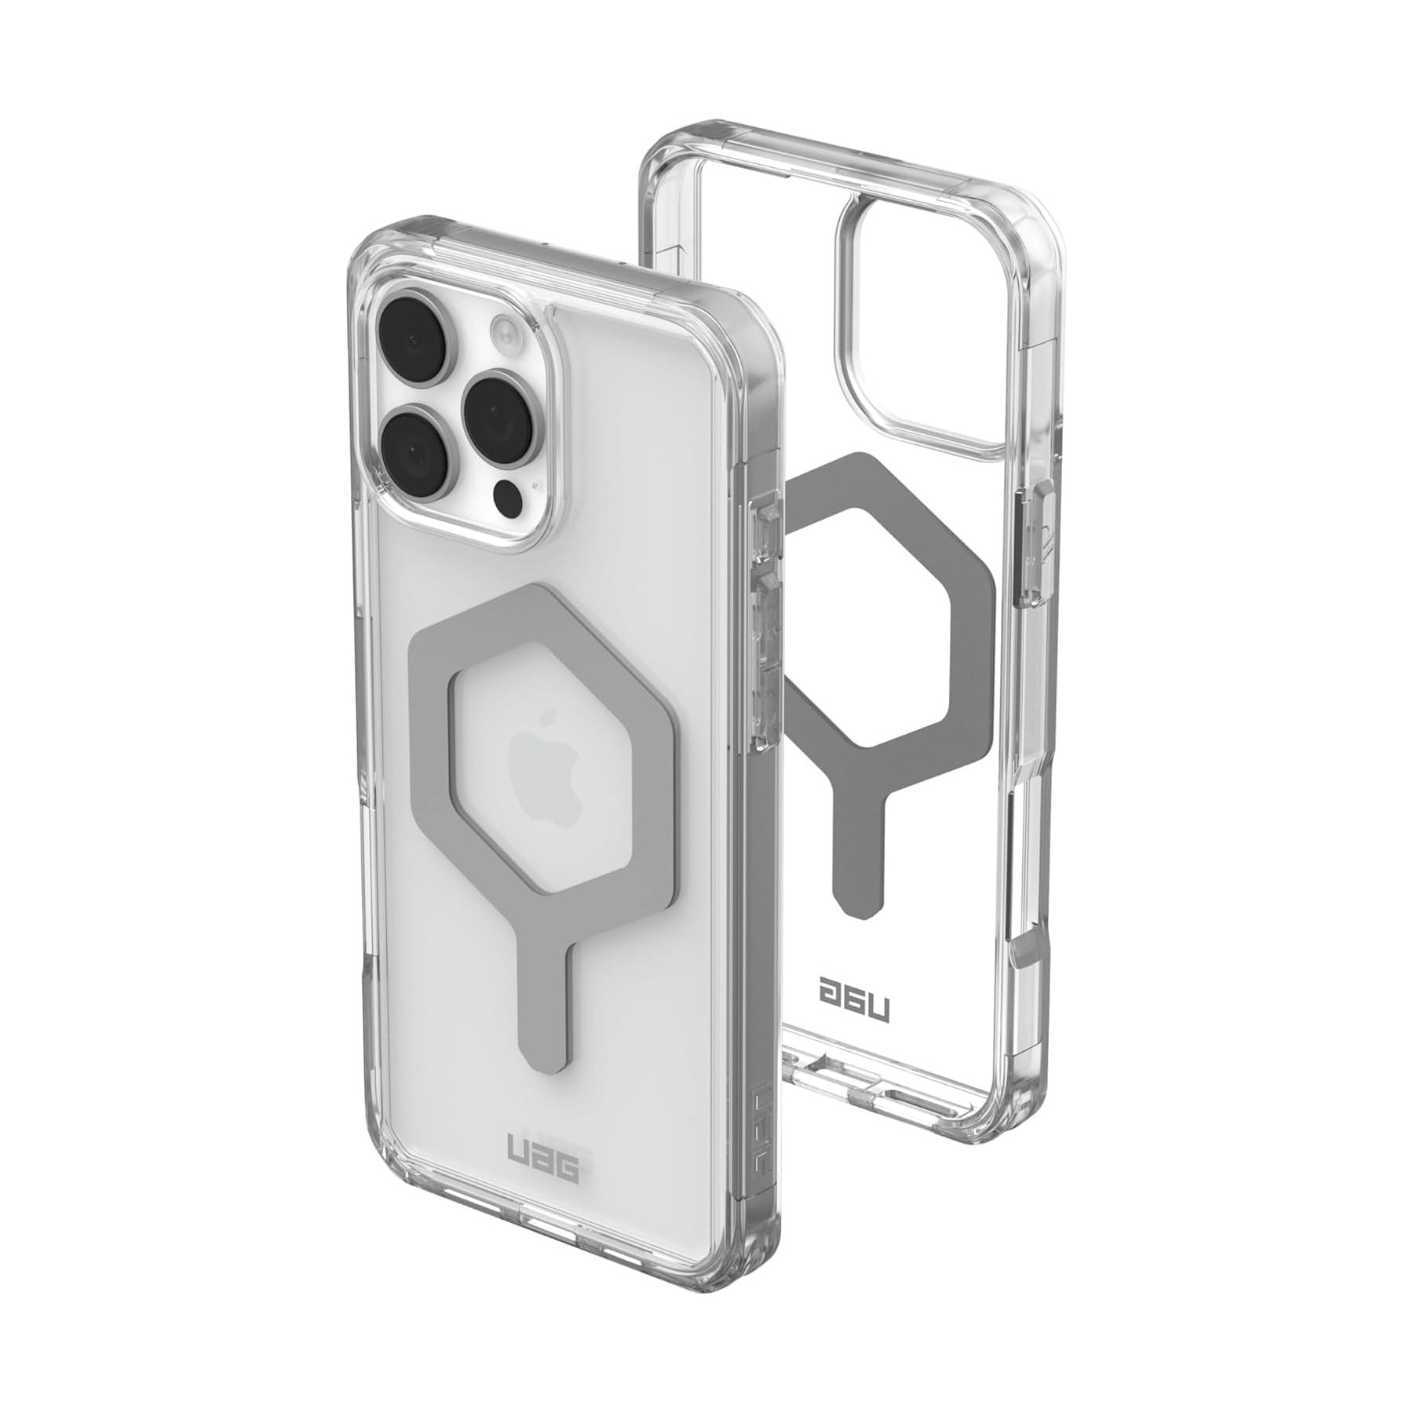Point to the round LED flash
[503, 328]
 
